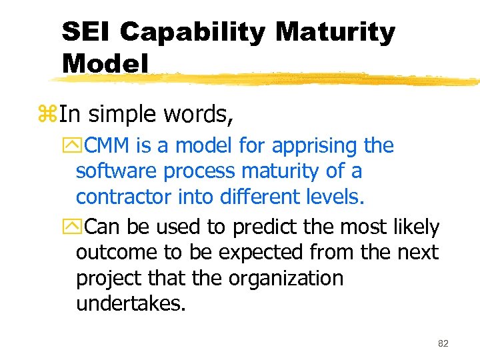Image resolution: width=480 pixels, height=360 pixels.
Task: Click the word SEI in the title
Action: coord(87,31)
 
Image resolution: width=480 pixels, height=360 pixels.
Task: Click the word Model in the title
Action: coord(105,63)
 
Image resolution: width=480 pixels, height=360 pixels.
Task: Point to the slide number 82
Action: coord(443,343)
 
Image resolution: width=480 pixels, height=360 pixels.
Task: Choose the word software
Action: coord(117,171)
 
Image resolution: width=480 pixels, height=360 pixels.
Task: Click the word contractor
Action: coord(123,197)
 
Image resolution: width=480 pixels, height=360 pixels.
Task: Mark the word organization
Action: coord(286,279)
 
